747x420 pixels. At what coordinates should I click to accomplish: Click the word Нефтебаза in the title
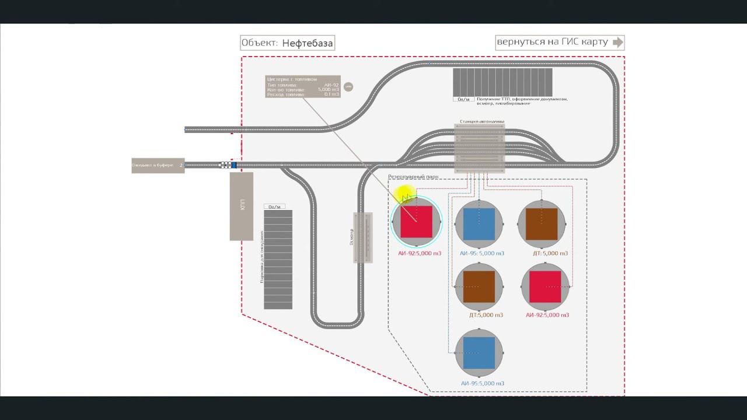point(307,43)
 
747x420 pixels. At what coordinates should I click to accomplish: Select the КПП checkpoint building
point(242,206)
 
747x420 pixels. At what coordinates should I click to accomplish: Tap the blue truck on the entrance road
point(233,165)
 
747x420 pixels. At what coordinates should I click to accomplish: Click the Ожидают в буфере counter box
point(158,166)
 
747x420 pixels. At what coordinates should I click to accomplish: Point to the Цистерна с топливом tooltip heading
point(292,79)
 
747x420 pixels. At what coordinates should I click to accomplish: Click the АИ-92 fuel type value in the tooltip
point(331,85)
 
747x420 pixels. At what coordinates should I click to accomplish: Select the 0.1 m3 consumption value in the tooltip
point(331,94)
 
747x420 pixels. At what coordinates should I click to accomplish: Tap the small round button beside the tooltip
point(348,87)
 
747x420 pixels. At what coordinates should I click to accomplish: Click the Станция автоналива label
point(481,121)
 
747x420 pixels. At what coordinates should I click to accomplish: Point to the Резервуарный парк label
point(413,176)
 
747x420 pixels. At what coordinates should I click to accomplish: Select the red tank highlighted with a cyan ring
point(417,222)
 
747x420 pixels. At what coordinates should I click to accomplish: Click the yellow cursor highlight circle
point(404,194)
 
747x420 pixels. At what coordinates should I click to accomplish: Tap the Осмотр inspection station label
point(351,237)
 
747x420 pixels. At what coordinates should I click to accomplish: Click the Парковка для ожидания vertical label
point(262,257)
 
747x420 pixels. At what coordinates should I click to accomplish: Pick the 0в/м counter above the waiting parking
point(274,206)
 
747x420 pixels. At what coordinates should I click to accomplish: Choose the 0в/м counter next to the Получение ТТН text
point(463,99)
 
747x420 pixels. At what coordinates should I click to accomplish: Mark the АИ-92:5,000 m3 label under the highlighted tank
point(419,253)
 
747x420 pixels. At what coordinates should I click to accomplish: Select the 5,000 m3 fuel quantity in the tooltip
point(329,89)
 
